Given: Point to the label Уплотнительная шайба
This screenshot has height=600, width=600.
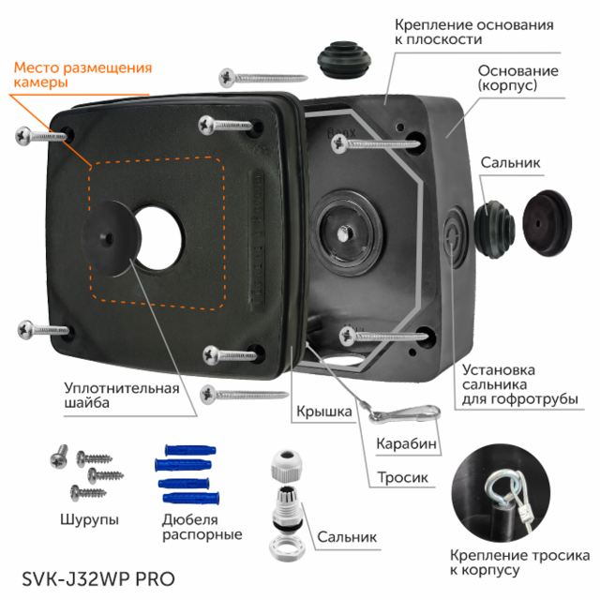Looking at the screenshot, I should pos(121,395).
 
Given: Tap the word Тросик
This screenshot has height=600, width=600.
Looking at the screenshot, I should pos(403,478).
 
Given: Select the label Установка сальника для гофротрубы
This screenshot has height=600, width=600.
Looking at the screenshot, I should pos(518,384).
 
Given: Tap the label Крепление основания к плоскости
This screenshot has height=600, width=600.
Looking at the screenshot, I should pos(472,32).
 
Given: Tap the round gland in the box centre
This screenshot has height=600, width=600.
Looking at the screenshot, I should pos(339,228).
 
